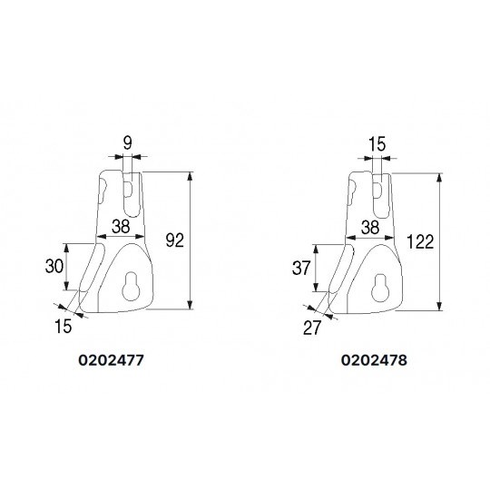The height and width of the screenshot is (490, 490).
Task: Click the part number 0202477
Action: point(111,360)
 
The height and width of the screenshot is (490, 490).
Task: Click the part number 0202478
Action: point(374,360)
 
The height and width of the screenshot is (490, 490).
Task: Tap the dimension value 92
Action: point(175,240)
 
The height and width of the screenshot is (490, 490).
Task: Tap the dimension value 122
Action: point(420,241)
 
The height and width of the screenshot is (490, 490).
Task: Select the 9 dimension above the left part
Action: point(128,143)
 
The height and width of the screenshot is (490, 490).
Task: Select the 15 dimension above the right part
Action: point(377,144)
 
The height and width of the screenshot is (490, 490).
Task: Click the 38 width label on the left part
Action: point(121,226)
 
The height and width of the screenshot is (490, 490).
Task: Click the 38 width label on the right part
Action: point(370,228)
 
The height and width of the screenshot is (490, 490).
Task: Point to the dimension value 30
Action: point(54,266)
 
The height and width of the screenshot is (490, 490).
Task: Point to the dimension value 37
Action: point(301,268)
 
